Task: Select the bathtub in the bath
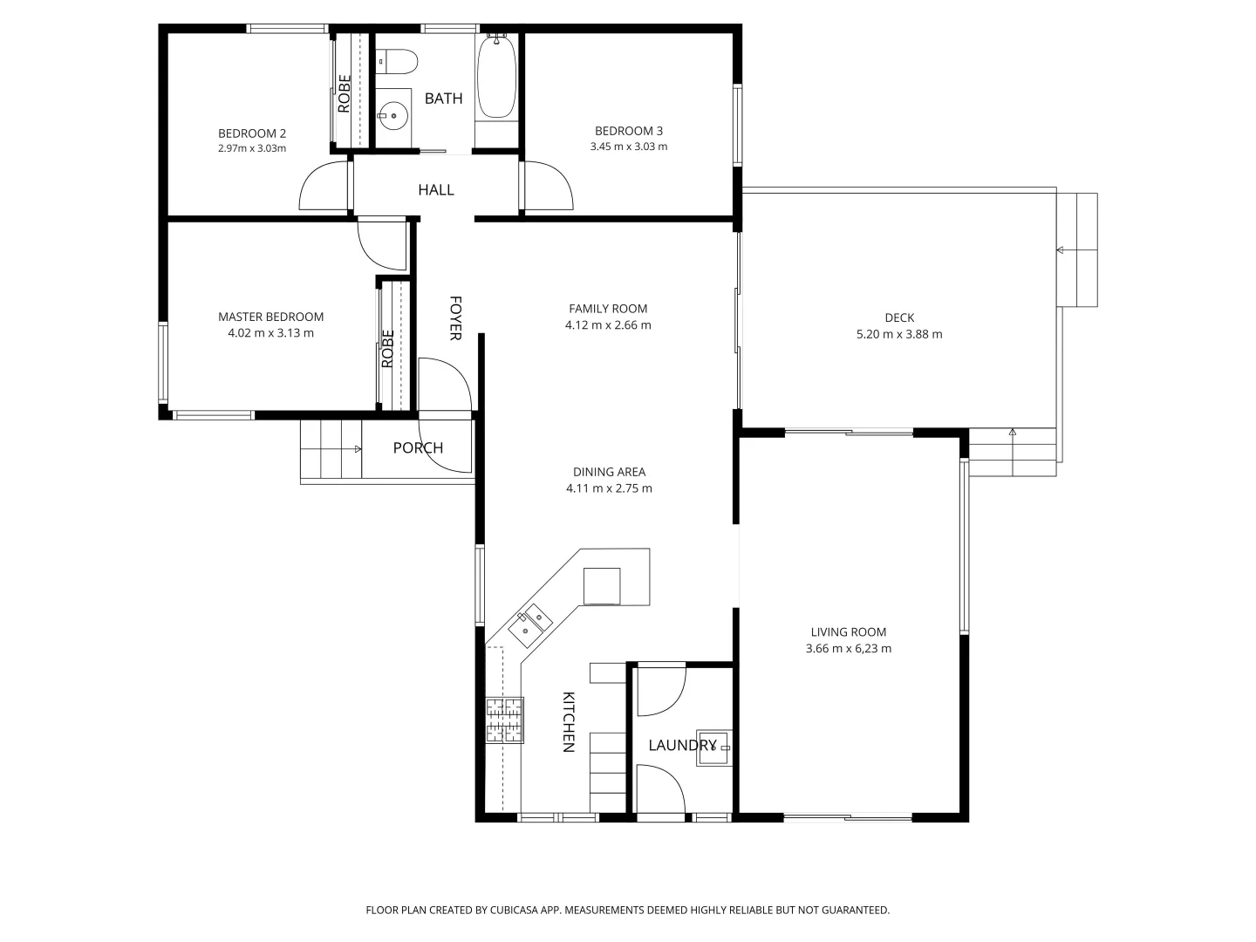tap(496, 77)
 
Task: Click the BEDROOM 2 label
tap(251, 133)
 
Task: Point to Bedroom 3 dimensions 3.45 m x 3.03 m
tap(628, 147)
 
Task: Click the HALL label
tap(435, 189)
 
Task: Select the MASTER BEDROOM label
tap(270, 317)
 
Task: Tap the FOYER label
tap(454, 317)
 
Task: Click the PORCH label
tap(418, 447)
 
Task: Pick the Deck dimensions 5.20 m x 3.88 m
tap(899, 334)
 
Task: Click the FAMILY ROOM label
tap(608, 308)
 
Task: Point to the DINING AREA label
tap(609, 472)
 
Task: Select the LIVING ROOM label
tap(848, 632)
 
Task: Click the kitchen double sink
tap(530, 624)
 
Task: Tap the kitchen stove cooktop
tap(505, 720)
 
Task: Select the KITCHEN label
tap(568, 721)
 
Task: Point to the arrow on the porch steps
tap(358, 449)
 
